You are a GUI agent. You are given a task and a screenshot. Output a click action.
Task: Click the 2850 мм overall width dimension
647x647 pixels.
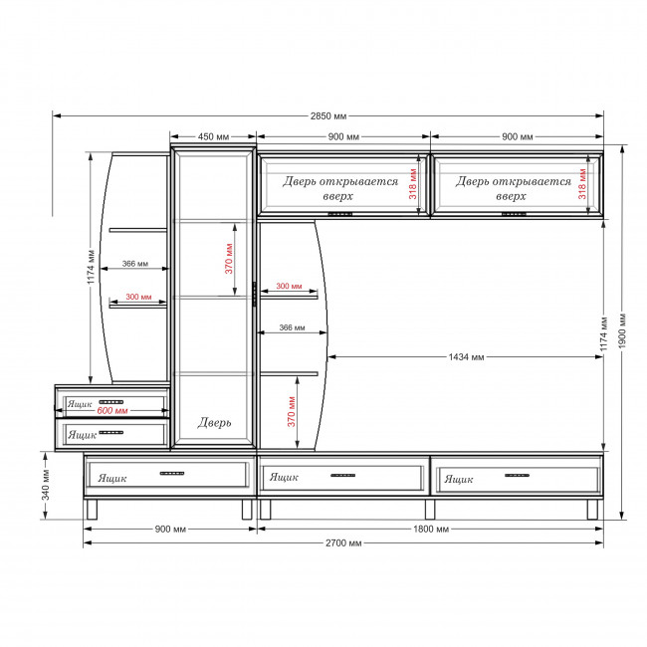tap(328, 115)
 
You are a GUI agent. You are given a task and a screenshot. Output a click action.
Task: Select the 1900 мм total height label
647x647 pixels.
tap(622, 330)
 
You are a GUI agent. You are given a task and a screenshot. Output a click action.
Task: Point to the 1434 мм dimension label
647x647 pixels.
tap(466, 357)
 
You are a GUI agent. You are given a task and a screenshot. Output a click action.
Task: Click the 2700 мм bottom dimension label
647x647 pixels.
tap(343, 543)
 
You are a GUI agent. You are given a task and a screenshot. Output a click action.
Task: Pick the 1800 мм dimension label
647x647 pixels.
tap(431, 529)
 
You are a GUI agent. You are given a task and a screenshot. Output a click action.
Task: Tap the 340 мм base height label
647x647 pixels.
tap(46, 485)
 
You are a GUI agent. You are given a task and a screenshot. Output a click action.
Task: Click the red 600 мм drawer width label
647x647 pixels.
tap(112, 410)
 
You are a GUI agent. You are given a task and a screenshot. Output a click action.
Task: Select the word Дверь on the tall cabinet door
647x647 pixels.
tap(214, 422)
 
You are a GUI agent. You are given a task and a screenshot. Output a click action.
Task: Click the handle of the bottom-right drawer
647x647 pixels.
tap(517, 476)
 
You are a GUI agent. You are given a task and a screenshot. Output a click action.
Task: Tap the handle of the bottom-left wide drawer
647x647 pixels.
tap(172, 473)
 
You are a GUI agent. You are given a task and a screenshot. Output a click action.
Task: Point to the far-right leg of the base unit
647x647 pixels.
tap(592, 510)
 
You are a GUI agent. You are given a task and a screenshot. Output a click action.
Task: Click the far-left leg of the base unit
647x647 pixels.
tap(92, 510)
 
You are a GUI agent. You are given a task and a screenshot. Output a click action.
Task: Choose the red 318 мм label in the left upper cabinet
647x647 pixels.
tap(413, 184)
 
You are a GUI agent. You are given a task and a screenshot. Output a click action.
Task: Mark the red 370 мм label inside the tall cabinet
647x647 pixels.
tap(229, 259)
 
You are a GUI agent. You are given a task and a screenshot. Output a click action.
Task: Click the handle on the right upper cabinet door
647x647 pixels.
tap(514, 214)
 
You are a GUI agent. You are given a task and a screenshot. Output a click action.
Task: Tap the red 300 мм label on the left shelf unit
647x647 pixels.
tap(138, 297)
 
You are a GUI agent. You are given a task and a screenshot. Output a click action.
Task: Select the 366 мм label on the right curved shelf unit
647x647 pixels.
tap(292, 327)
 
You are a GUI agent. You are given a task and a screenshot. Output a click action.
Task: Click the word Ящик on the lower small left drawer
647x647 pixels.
tap(82, 435)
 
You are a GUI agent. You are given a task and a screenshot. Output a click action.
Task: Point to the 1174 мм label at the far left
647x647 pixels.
tap(92, 267)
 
